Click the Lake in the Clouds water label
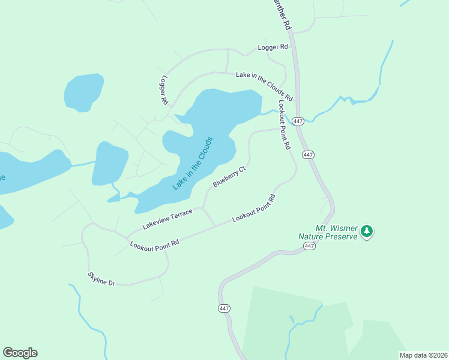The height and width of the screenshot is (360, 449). tap(193, 163)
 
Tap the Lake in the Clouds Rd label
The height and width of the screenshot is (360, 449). tap(264, 86)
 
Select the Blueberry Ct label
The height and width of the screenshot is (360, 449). tap(229, 177)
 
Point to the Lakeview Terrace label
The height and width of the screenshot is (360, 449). tap(167, 218)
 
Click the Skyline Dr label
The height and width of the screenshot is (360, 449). tap(101, 278)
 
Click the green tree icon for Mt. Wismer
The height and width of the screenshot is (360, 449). tap(367, 231)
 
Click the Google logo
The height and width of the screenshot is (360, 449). tap(20, 353)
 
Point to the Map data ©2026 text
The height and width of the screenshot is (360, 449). tap(423, 355)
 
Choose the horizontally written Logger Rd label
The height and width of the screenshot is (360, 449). tap(273, 47)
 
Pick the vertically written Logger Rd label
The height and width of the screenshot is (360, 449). tap(163, 91)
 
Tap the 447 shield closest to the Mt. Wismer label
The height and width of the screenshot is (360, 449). tap(309, 246)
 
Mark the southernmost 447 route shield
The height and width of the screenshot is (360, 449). tap(224, 308)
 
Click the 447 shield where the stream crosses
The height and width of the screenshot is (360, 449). tap(298, 121)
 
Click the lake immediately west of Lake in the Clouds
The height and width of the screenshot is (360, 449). tap(110, 163)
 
